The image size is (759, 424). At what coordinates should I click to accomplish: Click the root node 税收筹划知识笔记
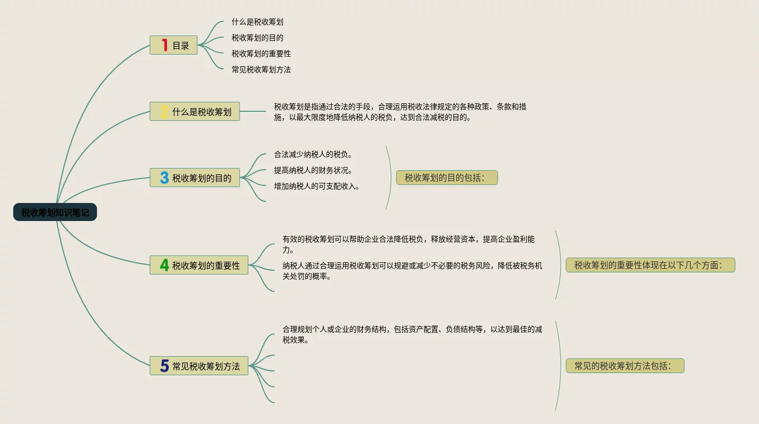[x=55, y=213]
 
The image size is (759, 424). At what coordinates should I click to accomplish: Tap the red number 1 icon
[x=164, y=46]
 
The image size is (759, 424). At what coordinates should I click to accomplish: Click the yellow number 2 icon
[x=164, y=112]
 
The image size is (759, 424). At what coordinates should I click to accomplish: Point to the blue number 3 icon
[x=164, y=178]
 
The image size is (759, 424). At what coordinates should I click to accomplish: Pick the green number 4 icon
[x=164, y=265]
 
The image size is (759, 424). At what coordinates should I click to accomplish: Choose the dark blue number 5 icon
[x=164, y=366]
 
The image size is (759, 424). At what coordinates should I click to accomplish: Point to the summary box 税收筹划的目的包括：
[x=447, y=178]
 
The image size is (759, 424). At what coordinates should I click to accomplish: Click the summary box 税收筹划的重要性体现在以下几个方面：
[x=650, y=265]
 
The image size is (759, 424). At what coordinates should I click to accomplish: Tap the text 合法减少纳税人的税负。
[x=313, y=155]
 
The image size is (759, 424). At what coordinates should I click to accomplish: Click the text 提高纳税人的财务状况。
[x=313, y=171]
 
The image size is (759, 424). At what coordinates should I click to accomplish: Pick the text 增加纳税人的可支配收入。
[x=317, y=187]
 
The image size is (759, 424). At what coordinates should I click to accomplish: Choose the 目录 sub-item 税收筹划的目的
[x=258, y=38]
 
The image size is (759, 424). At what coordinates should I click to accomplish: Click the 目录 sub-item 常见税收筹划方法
[x=261, y=69]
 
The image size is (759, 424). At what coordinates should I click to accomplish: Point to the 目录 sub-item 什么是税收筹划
[x=258, y=22]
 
